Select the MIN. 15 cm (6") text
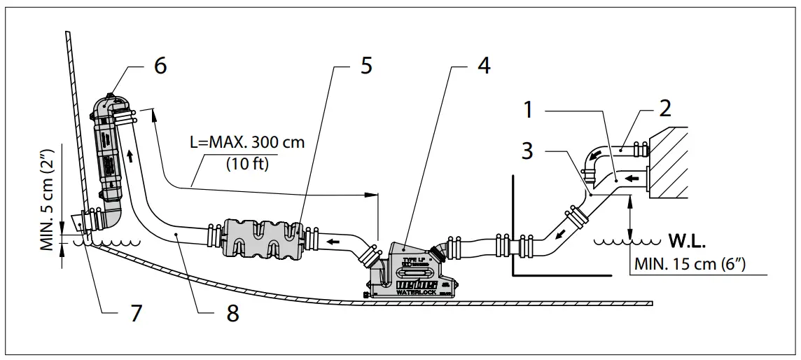(693, 265)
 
